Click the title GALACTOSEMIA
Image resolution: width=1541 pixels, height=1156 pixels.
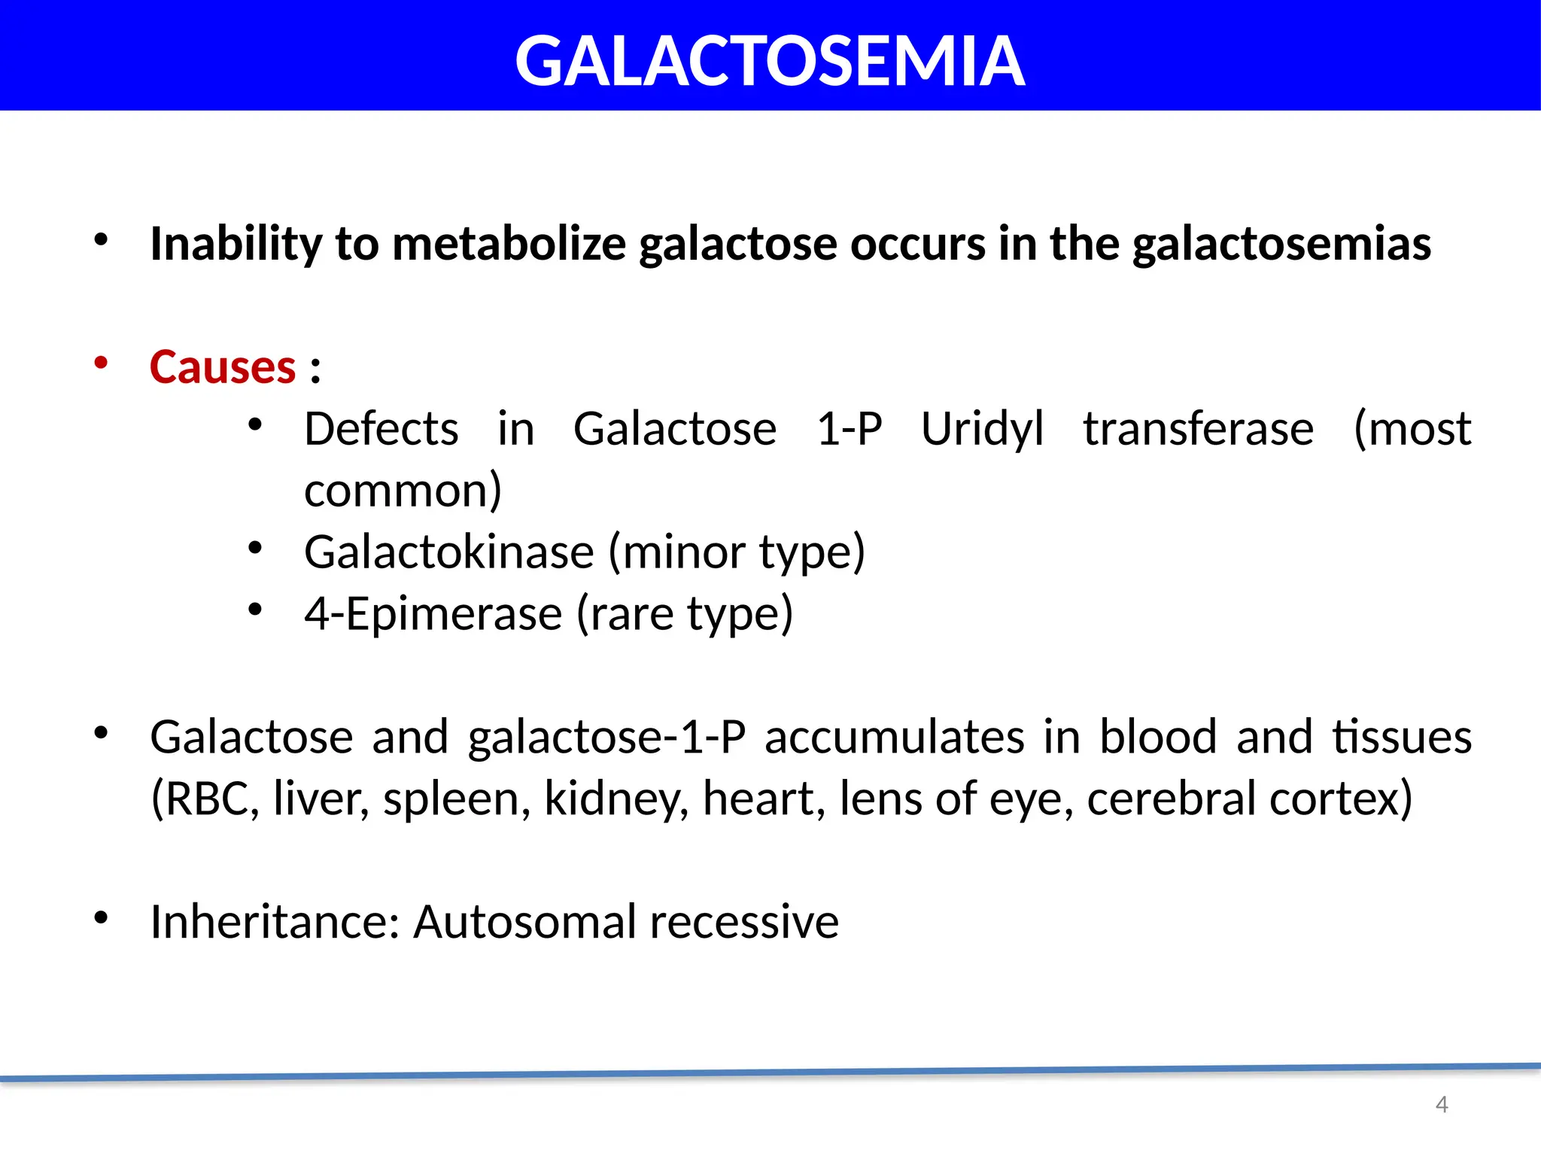770,62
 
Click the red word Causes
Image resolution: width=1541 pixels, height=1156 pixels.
223,367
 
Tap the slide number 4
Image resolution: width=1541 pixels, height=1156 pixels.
1441,1104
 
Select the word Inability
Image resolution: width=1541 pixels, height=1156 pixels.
236,244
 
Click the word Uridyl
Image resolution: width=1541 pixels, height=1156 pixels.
982,429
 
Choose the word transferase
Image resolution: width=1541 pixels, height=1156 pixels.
1198,429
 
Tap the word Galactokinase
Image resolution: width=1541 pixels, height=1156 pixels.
449,552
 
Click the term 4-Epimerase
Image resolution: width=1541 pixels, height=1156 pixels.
433,614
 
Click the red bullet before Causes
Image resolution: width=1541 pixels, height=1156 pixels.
101,363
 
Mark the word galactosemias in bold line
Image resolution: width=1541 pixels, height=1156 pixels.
1281,244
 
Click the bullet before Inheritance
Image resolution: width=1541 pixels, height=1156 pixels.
101,917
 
